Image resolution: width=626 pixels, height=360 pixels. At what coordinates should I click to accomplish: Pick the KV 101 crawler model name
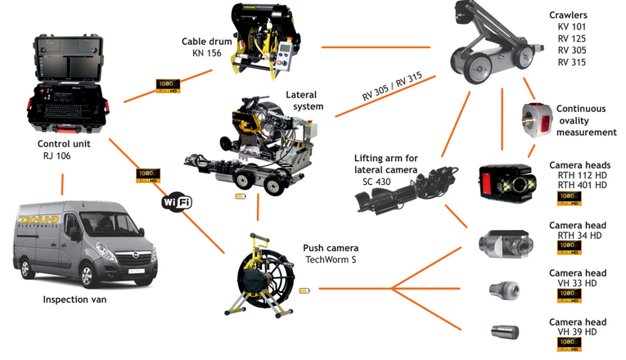[x=573, y=27]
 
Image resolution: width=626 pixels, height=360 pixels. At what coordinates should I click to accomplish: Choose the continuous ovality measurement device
[x=537, y=119]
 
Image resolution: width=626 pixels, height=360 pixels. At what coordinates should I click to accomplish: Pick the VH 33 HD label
[x=577, y=283]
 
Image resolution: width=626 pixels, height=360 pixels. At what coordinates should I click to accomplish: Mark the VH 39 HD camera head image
[x=502, y=331]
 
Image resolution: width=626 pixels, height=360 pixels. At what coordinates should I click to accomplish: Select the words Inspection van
[x=76, y=300]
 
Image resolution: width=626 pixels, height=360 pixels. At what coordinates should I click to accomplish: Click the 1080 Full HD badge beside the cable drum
[x=168, y=84]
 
